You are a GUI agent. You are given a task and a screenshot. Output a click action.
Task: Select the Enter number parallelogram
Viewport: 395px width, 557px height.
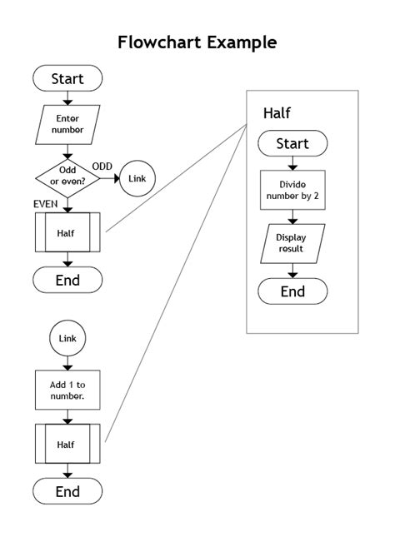click(x=67, y=124)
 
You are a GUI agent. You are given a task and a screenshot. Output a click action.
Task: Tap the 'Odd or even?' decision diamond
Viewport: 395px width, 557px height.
click(x=67, y=177)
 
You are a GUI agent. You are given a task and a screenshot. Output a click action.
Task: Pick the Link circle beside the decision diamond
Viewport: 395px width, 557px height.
click(x=137, y=178)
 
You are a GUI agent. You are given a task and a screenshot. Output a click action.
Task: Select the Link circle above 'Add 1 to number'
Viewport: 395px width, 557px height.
click(x=67, y=339)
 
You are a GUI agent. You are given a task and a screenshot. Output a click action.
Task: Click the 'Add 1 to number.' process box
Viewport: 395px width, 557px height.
click(x=67, y=390)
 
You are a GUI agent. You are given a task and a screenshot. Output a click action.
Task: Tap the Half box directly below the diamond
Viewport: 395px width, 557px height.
click(x=67, y=232)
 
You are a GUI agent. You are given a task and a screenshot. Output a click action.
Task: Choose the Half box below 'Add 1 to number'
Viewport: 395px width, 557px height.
click(x=67, y=445)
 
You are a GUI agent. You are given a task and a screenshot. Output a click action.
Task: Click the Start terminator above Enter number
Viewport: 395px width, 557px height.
click(x=67, y=79)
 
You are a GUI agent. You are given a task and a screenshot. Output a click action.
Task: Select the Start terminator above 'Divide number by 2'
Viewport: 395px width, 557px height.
click(x=292, y=143)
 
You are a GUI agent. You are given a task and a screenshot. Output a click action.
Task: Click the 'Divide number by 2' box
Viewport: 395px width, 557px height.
click(x=292, y=189)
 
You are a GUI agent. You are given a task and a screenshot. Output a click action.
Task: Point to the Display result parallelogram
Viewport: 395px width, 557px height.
click(x=292, y=243)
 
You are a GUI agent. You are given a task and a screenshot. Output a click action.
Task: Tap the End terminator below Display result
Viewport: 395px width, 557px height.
click(x=292, y=291)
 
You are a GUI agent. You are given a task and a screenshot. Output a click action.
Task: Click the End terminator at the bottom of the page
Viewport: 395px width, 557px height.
click(x=67, y=492)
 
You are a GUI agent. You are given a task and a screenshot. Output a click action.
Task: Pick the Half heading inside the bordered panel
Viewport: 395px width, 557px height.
click(x=277, y=112)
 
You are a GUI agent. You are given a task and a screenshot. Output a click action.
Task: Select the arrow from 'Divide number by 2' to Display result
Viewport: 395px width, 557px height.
click(x=292, y=216)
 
